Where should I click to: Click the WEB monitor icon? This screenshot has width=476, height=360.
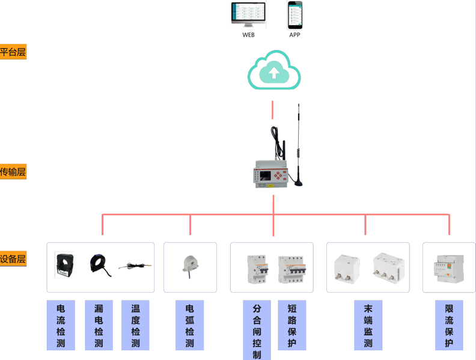pos(248,15)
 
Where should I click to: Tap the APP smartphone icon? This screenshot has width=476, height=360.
pos(294,15)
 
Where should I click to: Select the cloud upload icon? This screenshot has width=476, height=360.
pos(274,70)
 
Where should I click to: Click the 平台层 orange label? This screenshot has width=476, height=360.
pos(13,52)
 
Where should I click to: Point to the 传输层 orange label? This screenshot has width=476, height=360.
pos(13,172)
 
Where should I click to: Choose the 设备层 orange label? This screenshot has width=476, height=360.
pos(13,260)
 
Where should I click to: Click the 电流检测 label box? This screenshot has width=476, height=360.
pos(61,325)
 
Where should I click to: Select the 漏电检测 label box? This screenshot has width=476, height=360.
pos(99,325)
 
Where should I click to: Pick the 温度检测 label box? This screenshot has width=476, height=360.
pos(135,325)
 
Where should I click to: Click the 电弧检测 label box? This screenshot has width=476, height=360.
pos(190,325)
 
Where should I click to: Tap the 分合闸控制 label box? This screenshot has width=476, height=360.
pos(257,330)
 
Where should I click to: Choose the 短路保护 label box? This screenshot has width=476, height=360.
pos(292,325)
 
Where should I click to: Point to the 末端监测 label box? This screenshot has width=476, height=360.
pos(368,325)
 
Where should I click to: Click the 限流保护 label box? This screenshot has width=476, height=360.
pos(449,325)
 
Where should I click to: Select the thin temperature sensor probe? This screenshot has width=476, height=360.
pos(135,266)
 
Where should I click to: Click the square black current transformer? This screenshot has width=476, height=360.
pos(64,265)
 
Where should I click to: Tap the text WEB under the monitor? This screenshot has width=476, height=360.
pos(248,35)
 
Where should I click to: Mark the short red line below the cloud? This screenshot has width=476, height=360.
pos(273,109)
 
